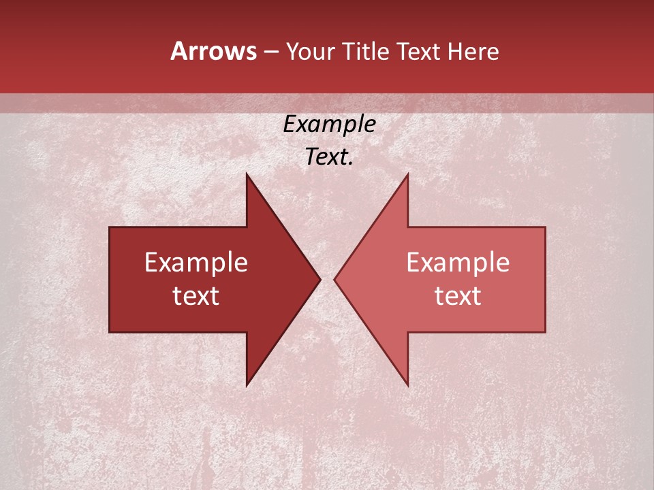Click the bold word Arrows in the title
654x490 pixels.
(214, 51)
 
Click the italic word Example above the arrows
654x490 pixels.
(329, 125)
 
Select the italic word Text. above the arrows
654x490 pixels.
(329, 157)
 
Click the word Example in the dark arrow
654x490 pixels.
(196, 263)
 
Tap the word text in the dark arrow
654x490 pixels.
(196, 296)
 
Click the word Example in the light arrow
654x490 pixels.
(458, 263)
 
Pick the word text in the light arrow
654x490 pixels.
(458, 296)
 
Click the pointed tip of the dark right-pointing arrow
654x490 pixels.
(320, 279)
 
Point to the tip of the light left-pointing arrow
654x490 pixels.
(334, 279)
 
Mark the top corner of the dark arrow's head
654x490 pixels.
(247, 174)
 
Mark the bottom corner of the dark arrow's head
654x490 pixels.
(247, 386)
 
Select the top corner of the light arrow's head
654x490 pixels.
(408, 174)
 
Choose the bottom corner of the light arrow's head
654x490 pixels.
(408, 386)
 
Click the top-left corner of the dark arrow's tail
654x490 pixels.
(110, 227)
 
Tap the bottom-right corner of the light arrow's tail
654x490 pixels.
(545, 332)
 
